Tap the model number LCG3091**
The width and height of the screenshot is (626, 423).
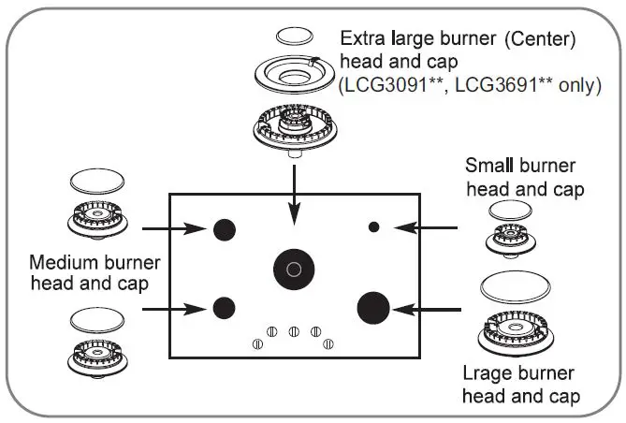[x=387, y=84]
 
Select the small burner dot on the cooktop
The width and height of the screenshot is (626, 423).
[x=373, y=226]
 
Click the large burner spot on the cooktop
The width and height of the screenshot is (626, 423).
[x=373, y=306]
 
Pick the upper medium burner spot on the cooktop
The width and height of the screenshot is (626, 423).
[x=225, y=228]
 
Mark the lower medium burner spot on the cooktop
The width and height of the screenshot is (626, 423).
[x=224, y=306]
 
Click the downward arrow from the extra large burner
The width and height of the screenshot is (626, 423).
[x=295, y=192]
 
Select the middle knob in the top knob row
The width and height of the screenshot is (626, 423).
[x=294, y=329]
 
